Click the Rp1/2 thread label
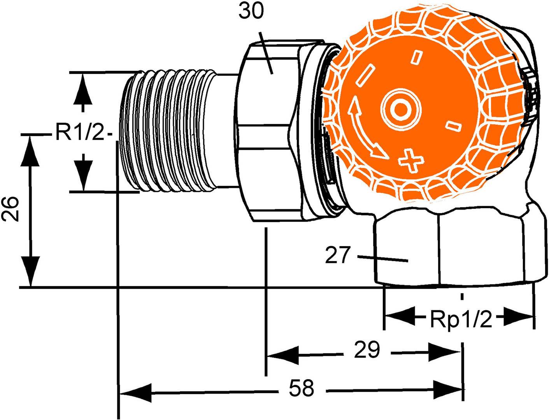pyautogui.click(x=461, y=320)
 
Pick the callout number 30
pyautogui.click(x=251, y=12)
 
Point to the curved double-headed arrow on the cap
pyautogui.click(x=364, y=130)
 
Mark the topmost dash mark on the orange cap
pyautogui.click(x=417, y=56)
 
